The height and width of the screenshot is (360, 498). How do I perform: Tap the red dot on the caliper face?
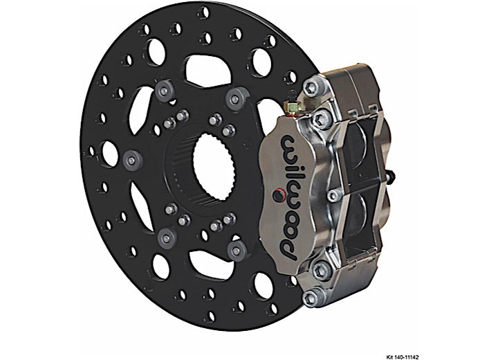coord(278,195)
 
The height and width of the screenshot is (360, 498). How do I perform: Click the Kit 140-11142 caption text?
coord(403,357)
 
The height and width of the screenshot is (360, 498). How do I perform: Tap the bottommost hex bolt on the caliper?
coord(311,298)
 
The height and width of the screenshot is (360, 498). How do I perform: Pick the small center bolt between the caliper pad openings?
coord(333,195)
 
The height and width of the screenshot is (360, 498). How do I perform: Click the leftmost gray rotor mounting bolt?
coord(132,159)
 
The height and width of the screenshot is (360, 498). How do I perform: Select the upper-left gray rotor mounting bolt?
coord(164,90)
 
